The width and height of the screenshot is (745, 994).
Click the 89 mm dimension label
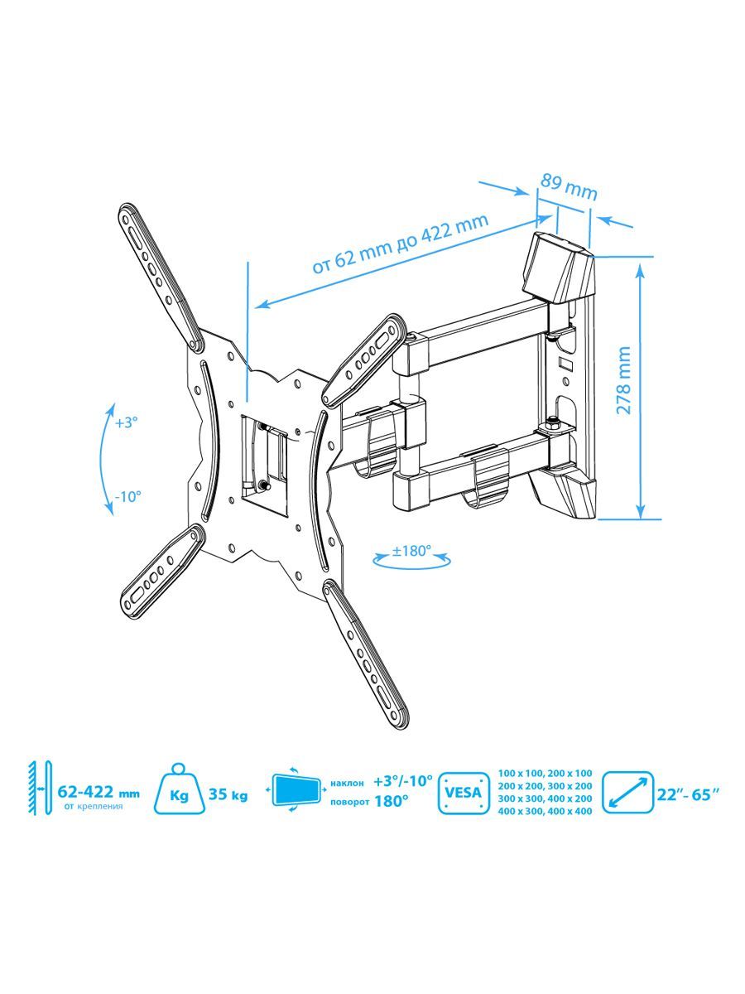(569, 187)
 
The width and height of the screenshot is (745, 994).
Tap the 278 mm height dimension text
(624, 379)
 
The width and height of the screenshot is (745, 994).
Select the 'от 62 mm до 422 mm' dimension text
(401, 244)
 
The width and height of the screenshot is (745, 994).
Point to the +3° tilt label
(126, 422)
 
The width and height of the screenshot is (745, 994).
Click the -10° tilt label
(128, 497)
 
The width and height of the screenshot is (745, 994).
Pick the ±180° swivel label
(411, 551)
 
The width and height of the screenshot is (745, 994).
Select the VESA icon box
(464, 793)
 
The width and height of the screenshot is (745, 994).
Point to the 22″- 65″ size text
(688, 794)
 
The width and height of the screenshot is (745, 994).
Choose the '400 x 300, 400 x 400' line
(545, 811)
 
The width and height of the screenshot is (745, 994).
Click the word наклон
(347, 783)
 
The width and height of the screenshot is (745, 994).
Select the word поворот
(349, 802)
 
